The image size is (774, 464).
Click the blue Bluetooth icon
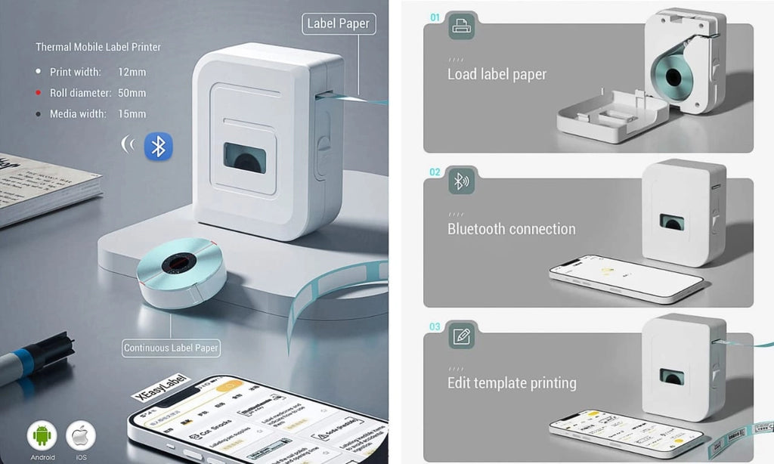tap(158, 147)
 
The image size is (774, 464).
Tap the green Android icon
tap(42, 436)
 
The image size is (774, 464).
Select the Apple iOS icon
tap(81, 436)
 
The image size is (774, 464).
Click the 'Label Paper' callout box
tap(338, 23)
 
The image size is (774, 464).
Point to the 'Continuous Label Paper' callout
tap(172, 348)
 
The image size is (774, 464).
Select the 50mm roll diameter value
tap(132, 93)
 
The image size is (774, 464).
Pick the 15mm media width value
tap(132, 114)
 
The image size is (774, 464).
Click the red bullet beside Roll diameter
tap(39, 93)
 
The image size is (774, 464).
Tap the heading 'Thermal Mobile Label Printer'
tap(98, 47)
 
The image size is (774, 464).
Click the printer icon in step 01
tap(461, 26)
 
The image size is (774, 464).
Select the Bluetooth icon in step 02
tap(460, 181)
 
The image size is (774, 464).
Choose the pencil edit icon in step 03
tap(461, 336)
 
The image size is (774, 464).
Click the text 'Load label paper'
tap(497, 74)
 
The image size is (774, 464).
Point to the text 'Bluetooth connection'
tap(511, 229)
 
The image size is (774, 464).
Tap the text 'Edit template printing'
tap(512, 383)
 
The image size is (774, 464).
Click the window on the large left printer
tap(244, 158)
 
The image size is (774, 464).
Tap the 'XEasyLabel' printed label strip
tap(161, 385)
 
